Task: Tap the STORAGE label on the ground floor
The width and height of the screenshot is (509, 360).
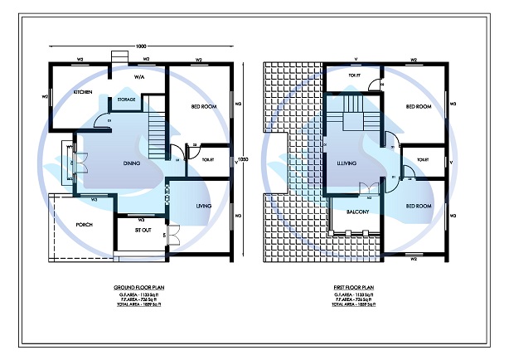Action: coord(126,100)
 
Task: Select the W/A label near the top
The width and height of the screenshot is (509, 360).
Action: coord(140,78)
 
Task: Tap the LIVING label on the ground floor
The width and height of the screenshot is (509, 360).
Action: coord(203,206)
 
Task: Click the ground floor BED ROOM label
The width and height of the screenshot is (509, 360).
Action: coord(204,107)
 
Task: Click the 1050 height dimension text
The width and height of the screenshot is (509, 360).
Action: coord(243,159)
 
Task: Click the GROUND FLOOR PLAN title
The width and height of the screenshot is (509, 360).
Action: coord(138,286)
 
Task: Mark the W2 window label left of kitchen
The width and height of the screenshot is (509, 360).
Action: coord(45,96)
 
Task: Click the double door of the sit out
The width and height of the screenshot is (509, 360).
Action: coord(173,235)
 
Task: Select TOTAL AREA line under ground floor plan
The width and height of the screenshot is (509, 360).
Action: coord(138,306)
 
